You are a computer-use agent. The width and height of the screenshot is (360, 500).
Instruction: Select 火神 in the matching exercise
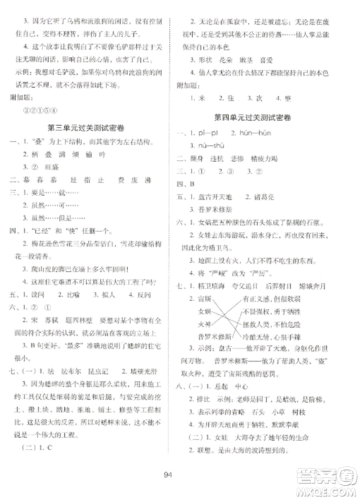click(x=212, y=346)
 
